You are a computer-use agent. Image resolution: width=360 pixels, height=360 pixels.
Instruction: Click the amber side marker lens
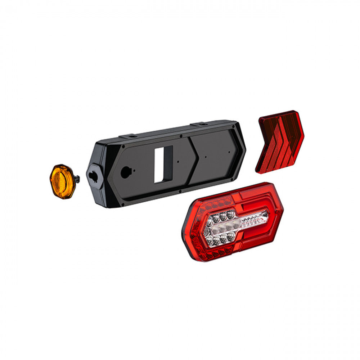62,181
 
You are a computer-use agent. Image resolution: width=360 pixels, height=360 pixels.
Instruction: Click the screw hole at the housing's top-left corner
123,147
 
